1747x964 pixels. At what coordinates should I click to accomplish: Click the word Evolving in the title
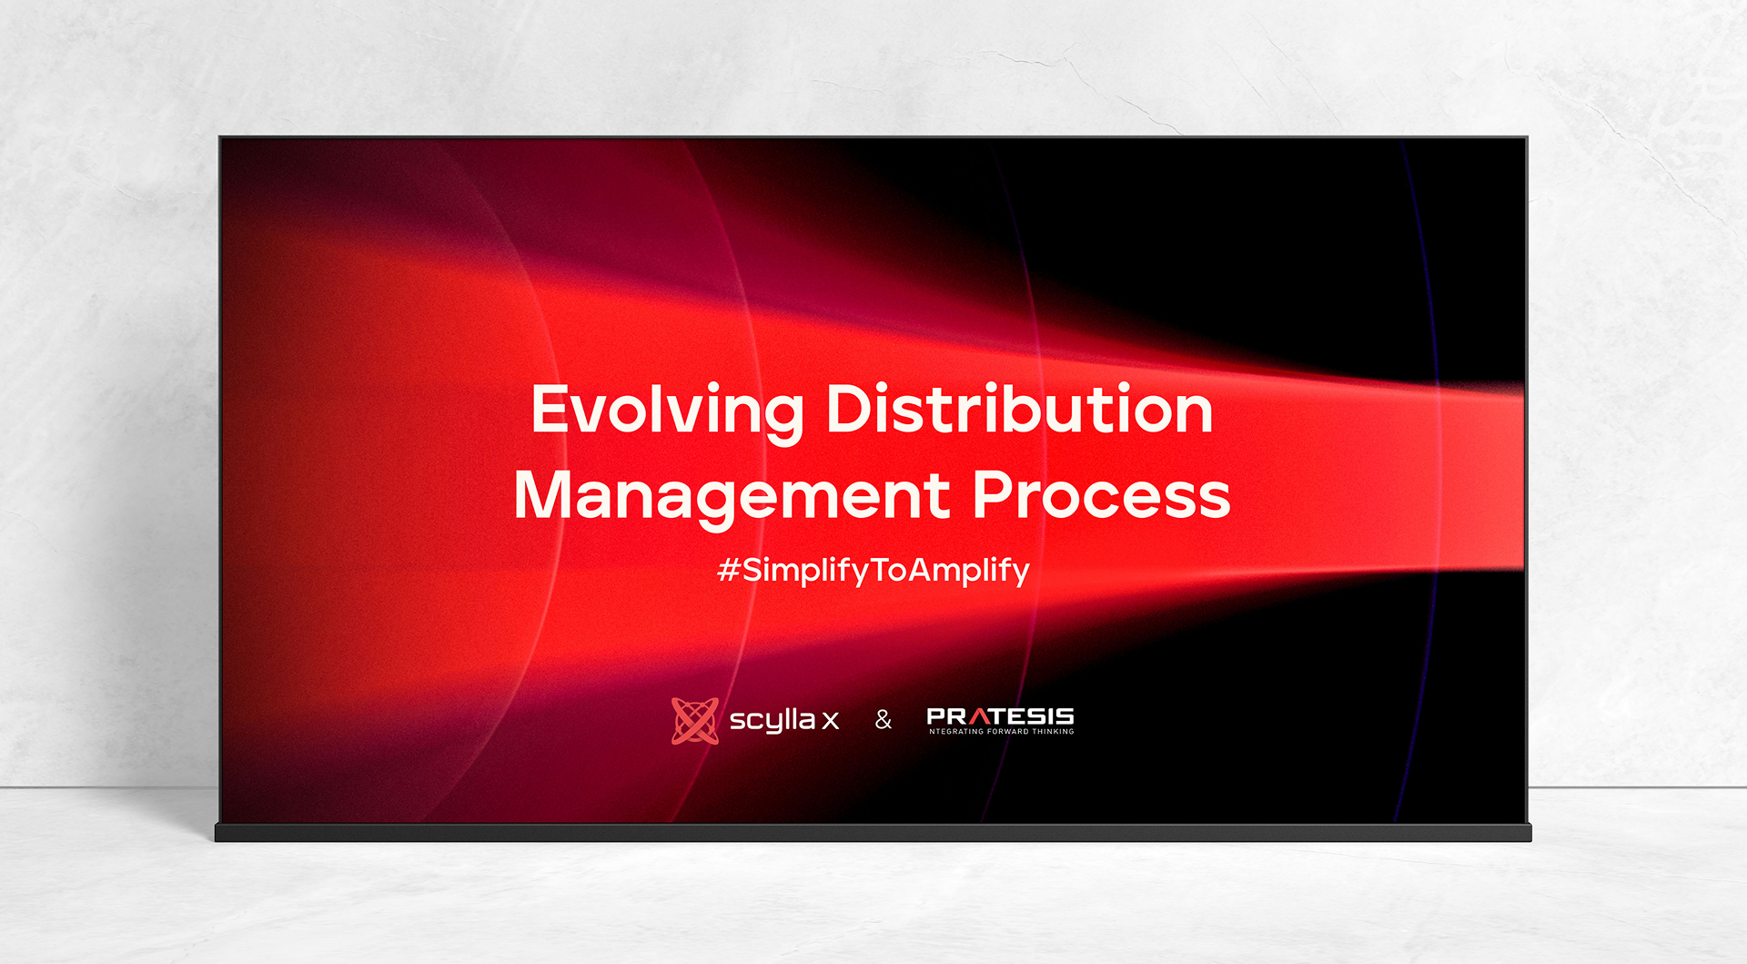(668, 412)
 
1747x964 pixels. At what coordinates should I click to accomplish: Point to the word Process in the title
(1102, 495)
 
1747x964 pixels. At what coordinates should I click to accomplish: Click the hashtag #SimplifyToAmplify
(873, 571)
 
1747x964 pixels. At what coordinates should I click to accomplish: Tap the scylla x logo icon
(695, 721)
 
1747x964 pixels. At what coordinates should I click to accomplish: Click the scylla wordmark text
(773, 721)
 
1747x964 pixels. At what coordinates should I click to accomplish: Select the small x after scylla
(830, 722)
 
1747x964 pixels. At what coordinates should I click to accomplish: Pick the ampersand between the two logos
(884, 720)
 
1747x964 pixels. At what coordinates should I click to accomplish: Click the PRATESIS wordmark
(1000, 716)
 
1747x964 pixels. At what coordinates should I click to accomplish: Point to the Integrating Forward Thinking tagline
(1001, 731)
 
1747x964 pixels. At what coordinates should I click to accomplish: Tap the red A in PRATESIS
(980, 716)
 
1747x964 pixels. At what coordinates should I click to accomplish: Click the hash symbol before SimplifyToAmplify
(728, 570)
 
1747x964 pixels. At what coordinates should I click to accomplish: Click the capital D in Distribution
(848, 409)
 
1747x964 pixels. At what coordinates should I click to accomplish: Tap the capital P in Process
(994, 494)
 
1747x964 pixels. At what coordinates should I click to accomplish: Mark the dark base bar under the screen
(873, 832)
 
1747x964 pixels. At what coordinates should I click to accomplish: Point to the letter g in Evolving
(782, 419)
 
